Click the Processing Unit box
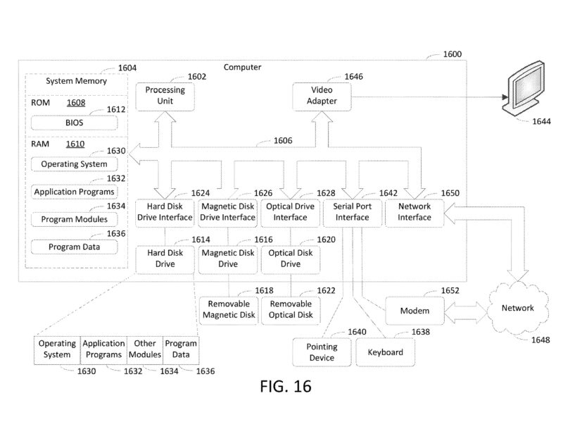pos(165,96)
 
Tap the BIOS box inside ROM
pos(74,122)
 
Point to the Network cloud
pos(517,308)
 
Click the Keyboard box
pos(384,352)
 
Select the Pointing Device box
pos(321,352)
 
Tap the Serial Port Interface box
pos(352,212)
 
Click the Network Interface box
pos(415,212)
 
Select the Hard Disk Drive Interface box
pos(165,212)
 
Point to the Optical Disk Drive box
pos(290,259)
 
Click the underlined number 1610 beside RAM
pos(75,144)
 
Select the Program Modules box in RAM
pos(74,219)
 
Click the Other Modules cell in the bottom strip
pos(144,349)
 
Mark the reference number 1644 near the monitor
pos(521,122)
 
